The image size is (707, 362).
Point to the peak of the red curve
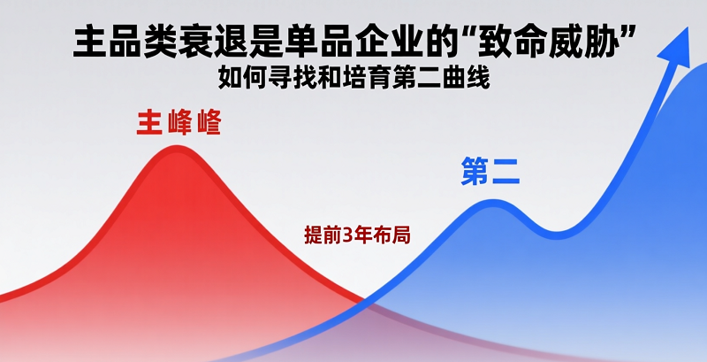175,147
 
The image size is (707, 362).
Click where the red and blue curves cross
362,301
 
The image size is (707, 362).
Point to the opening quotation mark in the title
463,34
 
